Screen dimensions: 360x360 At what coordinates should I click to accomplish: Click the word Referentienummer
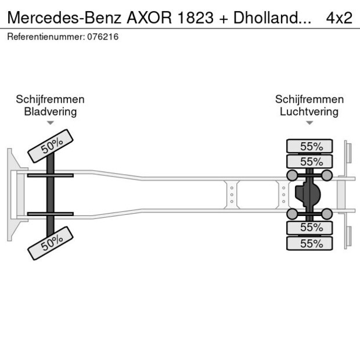44,37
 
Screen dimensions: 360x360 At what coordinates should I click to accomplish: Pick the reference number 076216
103,37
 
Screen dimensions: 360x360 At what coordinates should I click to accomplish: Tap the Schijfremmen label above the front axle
50,99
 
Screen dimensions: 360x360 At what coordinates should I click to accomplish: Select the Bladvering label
50,111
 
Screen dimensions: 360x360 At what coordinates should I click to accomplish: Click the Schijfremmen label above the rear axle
309,99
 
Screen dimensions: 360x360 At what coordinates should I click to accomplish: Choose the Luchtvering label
309,111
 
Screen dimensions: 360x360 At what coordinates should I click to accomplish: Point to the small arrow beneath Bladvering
51,123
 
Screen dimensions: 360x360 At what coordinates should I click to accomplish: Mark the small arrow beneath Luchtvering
309,123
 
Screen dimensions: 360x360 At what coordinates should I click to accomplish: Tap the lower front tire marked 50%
51,242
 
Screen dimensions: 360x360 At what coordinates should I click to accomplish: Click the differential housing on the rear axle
308,195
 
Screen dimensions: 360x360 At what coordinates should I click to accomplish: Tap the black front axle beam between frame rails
51,195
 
